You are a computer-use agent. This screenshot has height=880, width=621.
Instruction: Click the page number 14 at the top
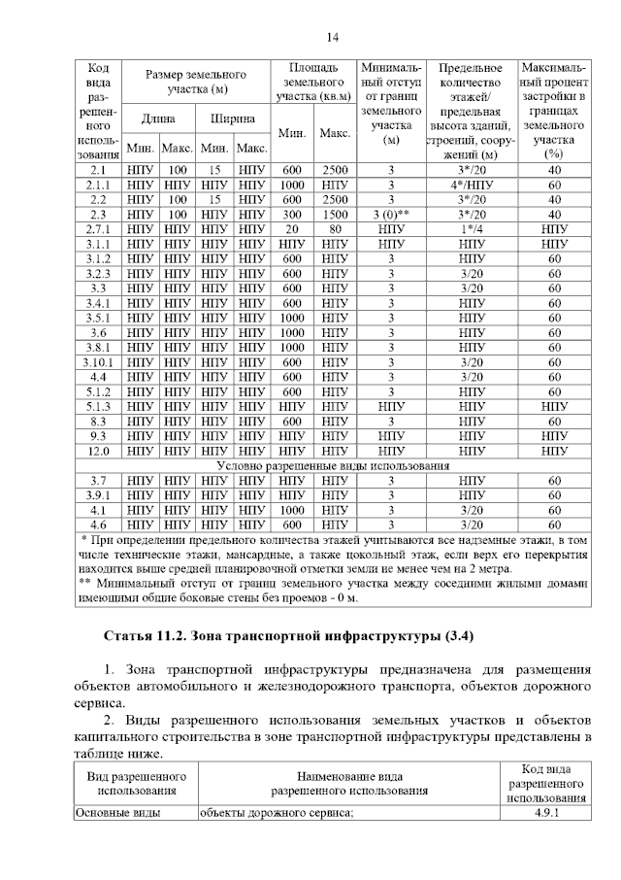tap(331, 37)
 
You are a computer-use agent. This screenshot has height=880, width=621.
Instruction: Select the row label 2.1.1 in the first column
tap(97, 185)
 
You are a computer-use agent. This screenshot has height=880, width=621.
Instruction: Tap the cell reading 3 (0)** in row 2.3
tap(391, 214)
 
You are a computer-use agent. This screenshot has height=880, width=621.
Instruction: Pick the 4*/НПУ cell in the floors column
tap(471, 185)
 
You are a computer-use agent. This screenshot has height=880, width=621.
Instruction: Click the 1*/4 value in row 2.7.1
tap(471, 229)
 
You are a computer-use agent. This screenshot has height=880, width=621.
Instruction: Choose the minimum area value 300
tap(293, 214)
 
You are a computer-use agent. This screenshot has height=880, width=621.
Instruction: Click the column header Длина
tap(158, 119)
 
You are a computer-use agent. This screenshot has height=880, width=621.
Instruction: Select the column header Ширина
tap(233, 119)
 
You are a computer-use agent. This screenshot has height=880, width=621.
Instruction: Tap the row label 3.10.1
tap(97, 362)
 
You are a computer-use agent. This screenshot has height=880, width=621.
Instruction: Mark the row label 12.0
tap(97, 451)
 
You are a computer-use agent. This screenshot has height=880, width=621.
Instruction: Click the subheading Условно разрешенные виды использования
tap(333, 465)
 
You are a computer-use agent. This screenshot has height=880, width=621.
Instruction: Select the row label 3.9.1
tap(97, 494)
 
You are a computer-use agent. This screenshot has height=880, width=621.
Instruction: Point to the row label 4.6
tap(97, 525)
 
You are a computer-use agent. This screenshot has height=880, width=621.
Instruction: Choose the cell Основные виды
tap(117, 814)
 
